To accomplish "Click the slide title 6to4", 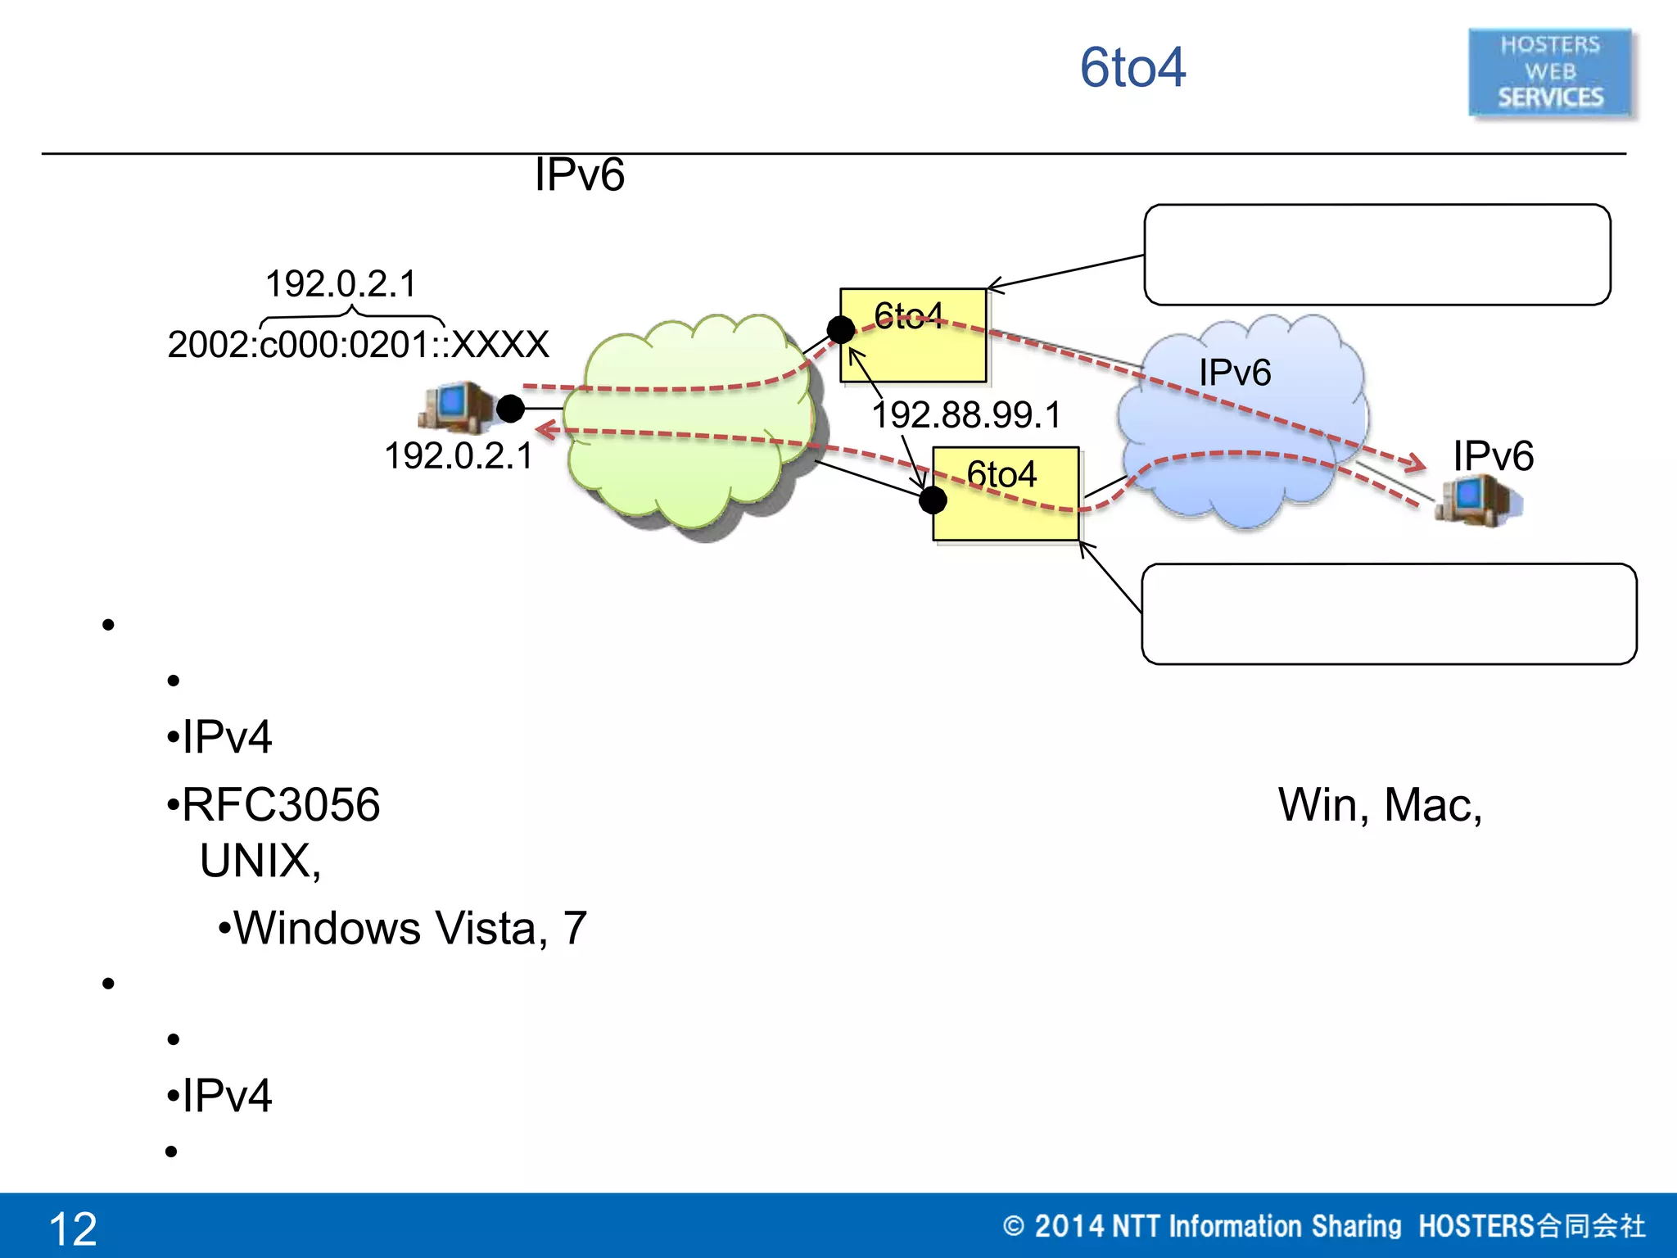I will point(1132,67).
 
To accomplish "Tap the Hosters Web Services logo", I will point(1549,72).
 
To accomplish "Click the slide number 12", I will point(73,1229).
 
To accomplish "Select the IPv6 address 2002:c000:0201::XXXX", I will point(358,345).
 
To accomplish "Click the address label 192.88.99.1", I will point(966,415).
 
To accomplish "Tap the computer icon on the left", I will point(454,406).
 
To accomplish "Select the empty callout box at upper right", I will point(1376,255).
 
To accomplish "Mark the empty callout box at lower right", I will point(1388,613).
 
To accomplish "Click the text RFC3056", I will point(280,804).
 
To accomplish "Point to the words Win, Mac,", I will point(1380,804).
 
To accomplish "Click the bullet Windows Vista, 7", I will point(409,928).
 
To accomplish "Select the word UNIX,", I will point(260,861).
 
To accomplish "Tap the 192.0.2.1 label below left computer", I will point(459,456).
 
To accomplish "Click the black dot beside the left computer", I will point(510,408).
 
